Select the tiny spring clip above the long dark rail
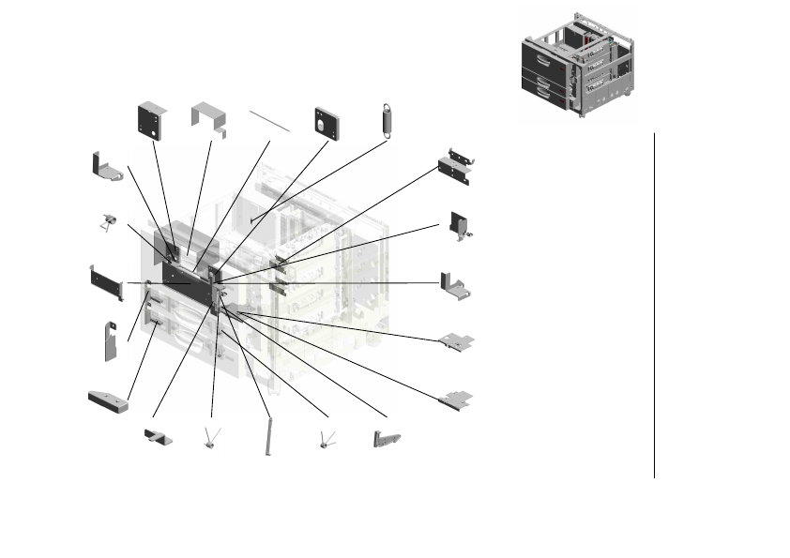(x=109, y=222)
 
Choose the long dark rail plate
(x=106, y=282)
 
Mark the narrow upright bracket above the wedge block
(x=109, y=340)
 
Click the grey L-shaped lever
(x=386, y=438)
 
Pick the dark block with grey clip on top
(x=460, y=164)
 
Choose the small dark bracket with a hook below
(x=461, y=224)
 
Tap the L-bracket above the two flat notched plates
(x=457, y=285)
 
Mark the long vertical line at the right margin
(x=654, y=305)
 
